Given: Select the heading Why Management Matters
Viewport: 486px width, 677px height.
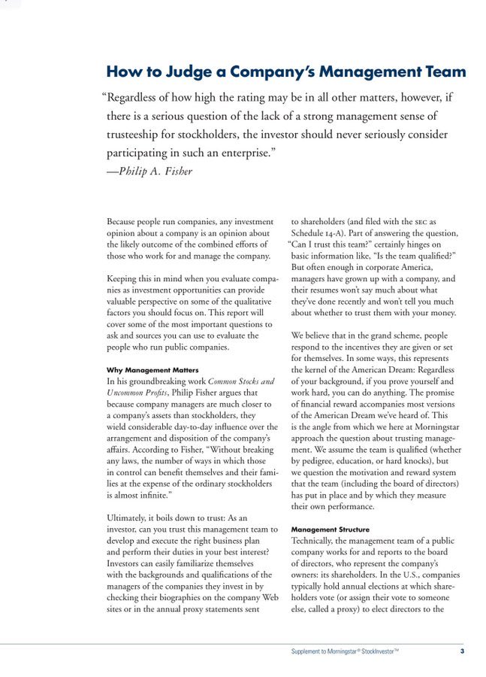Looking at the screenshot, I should coord(152,370).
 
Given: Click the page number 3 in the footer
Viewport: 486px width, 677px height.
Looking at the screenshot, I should coord(462,651).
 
